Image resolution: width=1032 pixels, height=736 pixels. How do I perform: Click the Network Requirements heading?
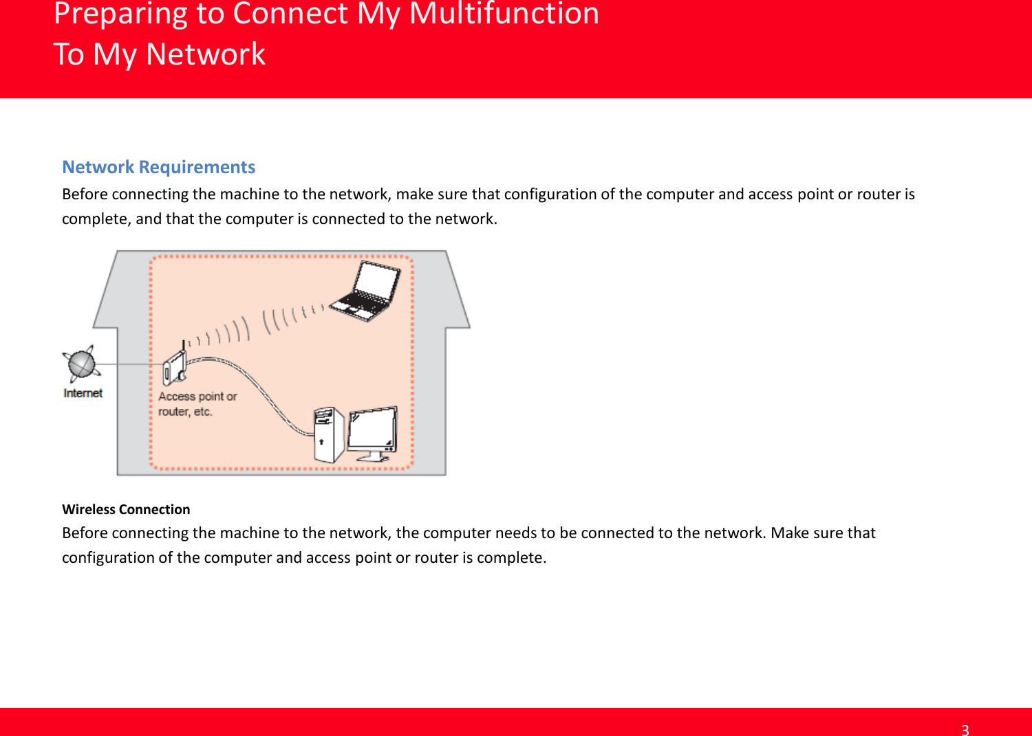[x=158, y=167]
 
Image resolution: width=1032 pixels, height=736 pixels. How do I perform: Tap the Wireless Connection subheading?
[x=126, y=509]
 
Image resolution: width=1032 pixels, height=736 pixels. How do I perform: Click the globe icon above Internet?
[x=82, y=364]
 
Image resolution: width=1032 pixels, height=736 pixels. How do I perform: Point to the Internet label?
[x=83, y=393]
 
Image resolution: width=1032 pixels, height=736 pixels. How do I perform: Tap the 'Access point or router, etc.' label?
[x=197, y=404]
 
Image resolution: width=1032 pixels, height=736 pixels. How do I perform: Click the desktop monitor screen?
[x=372, y=431]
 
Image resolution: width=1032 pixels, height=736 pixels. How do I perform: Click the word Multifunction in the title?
[x=504, y=14]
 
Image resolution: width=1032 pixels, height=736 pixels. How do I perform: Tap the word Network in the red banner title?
[x=206, y=54]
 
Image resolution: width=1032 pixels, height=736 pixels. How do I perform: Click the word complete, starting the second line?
[x=96, y=219]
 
